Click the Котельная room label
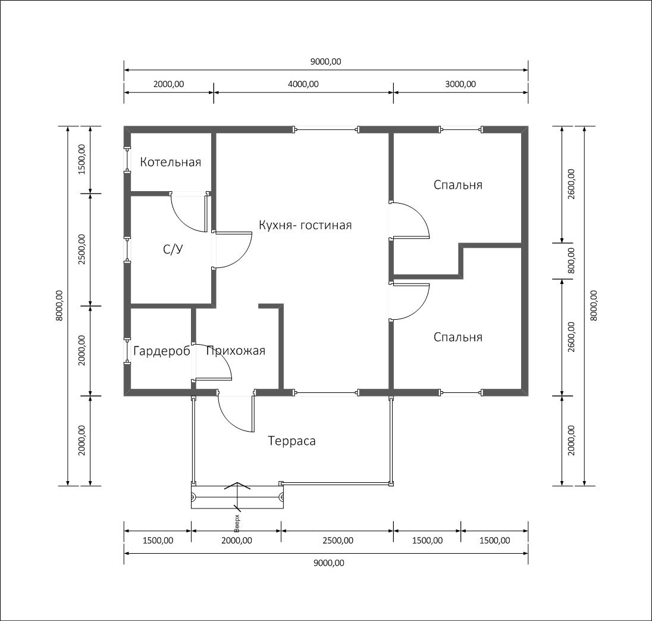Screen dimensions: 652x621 [x=171, y=162]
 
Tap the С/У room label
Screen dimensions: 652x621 [x=173, y=249]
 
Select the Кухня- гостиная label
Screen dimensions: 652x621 [x=305, y=225]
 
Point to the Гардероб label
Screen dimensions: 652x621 [x=162, y=351]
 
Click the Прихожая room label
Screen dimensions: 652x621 [x=236, y=351]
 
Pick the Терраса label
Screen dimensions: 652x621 [x=292, y=441]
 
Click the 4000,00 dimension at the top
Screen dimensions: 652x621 [x=303, y=84]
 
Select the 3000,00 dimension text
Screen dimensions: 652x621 [x=460, y=84]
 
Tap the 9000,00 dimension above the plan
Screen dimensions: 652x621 [x=325, y=61]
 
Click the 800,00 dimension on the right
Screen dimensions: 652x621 [x=571, y=261]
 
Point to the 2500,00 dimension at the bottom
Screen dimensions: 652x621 [x=338, y=541]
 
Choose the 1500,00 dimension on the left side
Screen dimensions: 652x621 [x=81, y=160]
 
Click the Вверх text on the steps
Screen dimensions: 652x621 [x=237, y=523]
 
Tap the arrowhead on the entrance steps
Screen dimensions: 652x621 [x=237, y=485]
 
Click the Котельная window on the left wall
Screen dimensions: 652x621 [x=127, y=160]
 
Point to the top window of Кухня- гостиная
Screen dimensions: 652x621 [x=327, y=129]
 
